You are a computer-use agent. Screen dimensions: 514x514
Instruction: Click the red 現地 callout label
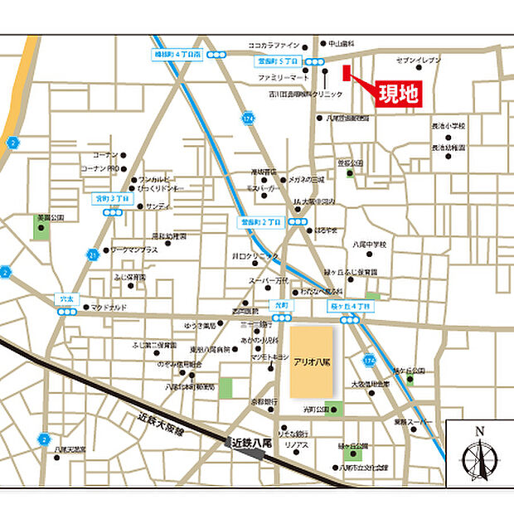397,93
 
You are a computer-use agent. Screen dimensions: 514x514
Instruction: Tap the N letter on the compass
478,431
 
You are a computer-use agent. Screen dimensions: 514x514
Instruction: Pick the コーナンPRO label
101,168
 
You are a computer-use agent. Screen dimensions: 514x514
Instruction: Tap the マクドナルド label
109,308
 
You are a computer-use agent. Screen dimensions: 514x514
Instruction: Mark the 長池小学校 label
449,125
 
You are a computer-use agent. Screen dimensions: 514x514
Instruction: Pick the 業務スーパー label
412,422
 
